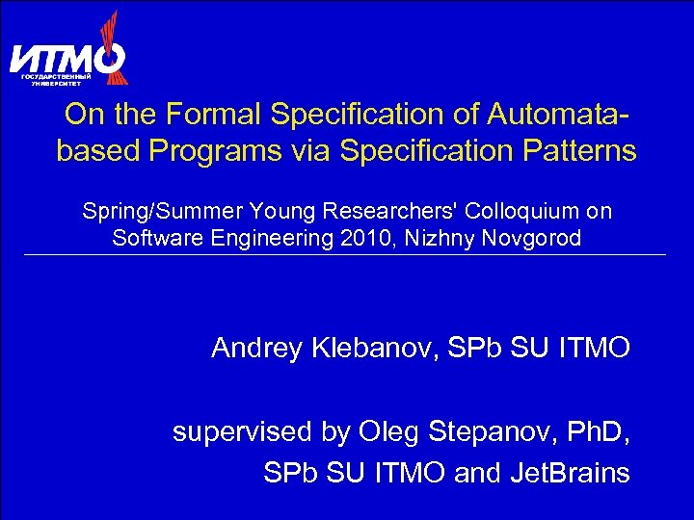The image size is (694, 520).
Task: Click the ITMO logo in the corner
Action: coord(67,53)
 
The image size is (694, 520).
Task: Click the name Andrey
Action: coord(257,348)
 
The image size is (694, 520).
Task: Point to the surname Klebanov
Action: coord(374,348)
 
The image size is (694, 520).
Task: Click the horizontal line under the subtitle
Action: coord(347,254)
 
